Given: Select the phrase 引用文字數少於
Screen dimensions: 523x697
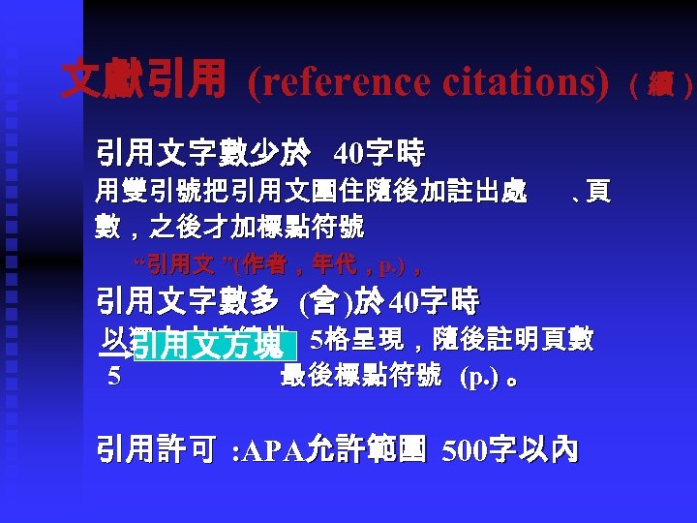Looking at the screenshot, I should click(202, 152).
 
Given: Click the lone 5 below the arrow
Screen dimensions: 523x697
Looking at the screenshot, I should click(114, 377).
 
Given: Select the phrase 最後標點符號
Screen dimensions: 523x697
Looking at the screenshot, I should click(360, 376).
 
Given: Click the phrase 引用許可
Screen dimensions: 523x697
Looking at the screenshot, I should click(155, 449).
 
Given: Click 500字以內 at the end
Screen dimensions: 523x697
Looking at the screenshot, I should click(510, 449).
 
